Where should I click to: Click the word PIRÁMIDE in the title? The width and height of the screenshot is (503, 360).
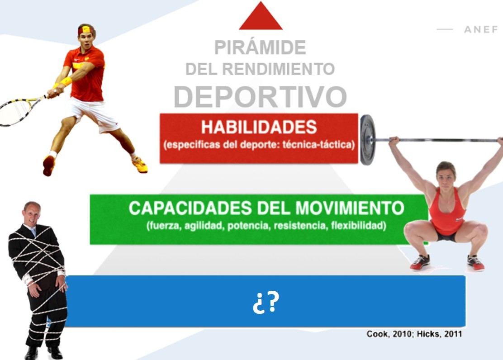click(260, 47)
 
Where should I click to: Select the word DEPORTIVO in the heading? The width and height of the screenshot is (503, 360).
click(260, 97)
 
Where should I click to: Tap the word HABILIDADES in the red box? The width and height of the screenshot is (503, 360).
click(259, 127)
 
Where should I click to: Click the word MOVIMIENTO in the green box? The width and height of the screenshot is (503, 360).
click(350, 208)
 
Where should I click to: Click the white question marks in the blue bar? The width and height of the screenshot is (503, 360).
click(266, 302)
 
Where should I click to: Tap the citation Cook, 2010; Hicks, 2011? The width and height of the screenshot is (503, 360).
click(414, 334)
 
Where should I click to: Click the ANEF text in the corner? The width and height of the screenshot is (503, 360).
click(481, 29)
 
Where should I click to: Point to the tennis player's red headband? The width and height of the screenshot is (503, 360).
click(86, 30)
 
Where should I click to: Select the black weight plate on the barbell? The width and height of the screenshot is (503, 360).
click(368, 140)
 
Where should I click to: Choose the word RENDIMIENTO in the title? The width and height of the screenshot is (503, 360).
click(279, 69)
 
